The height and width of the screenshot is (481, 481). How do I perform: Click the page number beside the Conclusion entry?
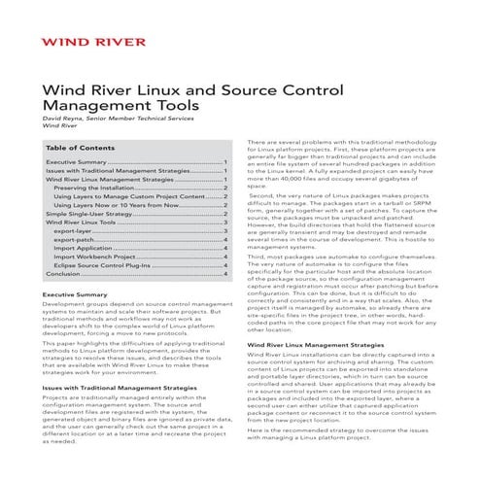tap(226, 274)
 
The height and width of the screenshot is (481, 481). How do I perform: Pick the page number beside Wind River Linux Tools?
tap(226, 222)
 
